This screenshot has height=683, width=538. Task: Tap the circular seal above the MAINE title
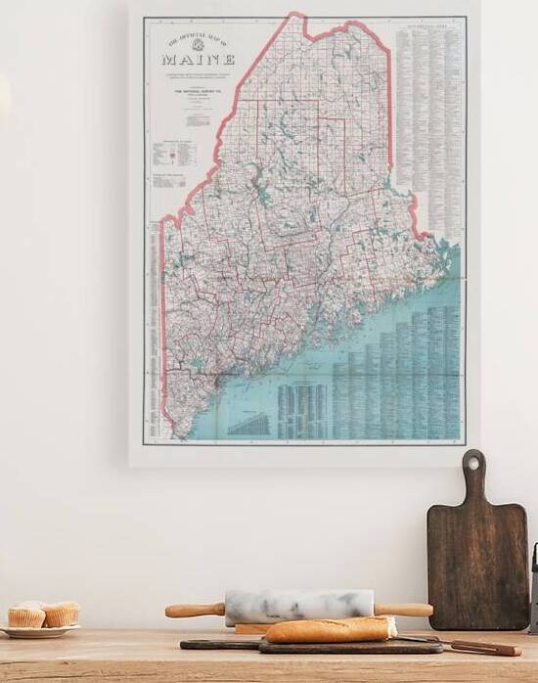[198, 45]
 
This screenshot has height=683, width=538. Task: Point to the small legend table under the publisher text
[174, 154]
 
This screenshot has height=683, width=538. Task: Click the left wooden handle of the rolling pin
[194, 611]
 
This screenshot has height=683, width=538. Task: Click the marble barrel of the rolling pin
[298, 605]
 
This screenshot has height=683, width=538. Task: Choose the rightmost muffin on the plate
[61, 614]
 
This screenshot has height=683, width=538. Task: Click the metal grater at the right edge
[534, 587]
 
